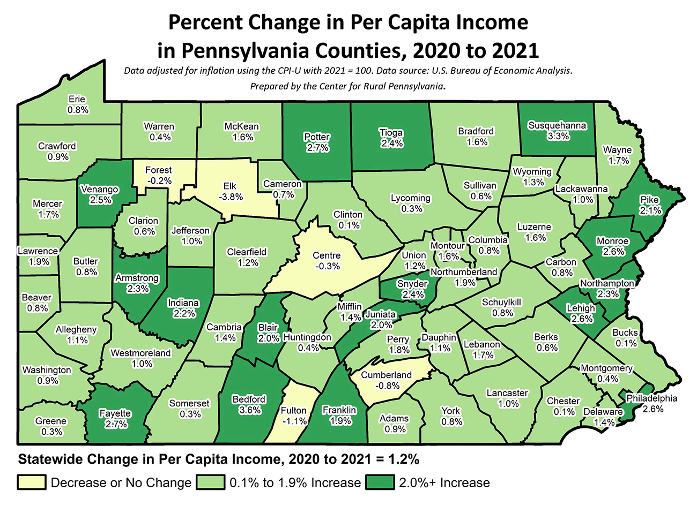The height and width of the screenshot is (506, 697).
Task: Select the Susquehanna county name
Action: [557, 125]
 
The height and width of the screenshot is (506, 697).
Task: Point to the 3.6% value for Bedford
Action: [249, 410]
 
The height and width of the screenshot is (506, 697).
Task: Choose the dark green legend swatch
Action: [381, 482]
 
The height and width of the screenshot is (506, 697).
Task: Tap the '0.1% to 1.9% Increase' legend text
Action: [295, 482]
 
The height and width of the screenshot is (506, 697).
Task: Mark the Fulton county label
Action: [294, 411]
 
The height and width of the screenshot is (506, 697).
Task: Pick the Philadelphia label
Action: [651, 398]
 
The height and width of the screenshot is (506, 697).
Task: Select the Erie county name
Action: [78, 99]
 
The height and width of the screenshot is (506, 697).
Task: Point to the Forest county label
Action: [159, 170]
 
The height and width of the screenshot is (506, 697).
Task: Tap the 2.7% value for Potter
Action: [317, 148]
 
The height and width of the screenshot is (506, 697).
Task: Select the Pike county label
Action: [649, 200]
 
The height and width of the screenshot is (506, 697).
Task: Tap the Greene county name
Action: [51, 421]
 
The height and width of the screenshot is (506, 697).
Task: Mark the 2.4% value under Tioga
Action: [391, 144]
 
